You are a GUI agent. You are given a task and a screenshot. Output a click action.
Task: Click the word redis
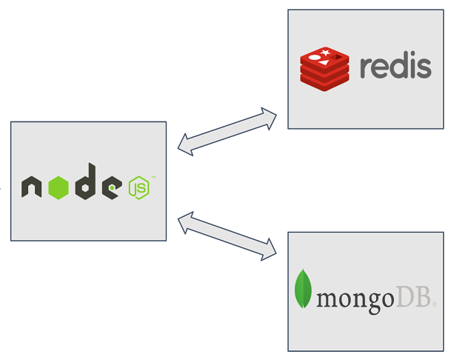[395, 66]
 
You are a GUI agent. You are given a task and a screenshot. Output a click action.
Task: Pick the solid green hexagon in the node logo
[59, 188]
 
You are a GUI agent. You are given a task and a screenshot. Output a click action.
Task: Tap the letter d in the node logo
[86, 184]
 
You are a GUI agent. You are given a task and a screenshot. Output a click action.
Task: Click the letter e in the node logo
[112, 188]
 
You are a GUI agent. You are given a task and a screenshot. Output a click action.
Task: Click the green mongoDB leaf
[303, 290]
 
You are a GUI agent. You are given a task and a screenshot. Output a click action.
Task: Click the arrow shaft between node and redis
[227, 132]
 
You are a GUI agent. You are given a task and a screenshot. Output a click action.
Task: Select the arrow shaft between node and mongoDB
[227, 234]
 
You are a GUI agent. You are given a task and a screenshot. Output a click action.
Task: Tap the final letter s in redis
[424, 69]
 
